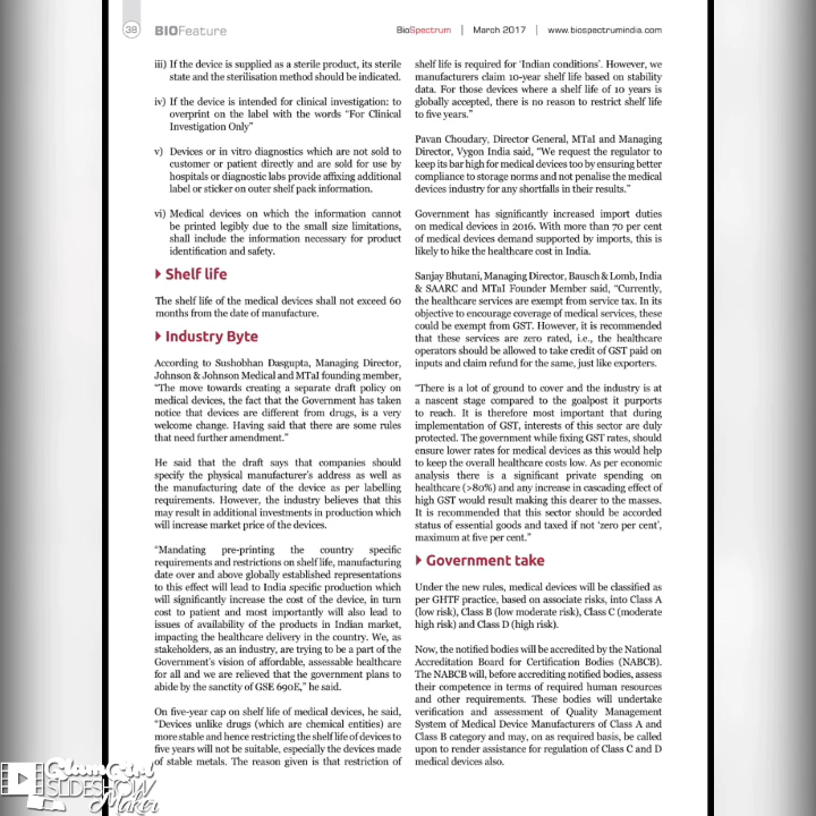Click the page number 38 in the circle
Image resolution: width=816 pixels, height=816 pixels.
pos(131,30)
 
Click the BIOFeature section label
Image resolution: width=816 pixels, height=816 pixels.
pos(190,31)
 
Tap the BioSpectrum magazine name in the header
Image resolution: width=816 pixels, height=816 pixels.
pos(423,30)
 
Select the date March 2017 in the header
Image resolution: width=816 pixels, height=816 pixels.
pos(499,30)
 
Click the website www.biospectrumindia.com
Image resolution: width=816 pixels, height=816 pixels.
pos(605,30)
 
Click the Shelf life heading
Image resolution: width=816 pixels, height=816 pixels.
pos(196,274)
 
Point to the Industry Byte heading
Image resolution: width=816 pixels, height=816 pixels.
pos(211,336)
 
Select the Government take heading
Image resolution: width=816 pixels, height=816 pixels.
pos(485,560)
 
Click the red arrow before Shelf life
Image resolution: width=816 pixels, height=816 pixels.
pos(158,274)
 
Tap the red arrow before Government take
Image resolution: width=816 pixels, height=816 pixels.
pos(419,560)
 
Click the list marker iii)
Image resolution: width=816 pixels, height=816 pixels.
pos(160,64)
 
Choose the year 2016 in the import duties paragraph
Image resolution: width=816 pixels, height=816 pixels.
pos(522,226)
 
